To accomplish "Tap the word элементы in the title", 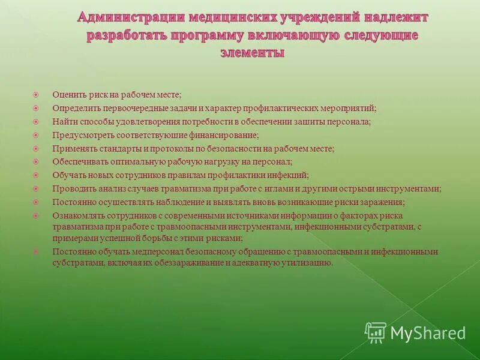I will coord(252,53).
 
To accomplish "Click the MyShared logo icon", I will coord(375,332).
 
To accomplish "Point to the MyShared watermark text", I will coord(428,333).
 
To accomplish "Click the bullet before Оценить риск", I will coord(36,94).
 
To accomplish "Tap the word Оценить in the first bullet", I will coord(68,95).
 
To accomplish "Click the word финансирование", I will coord(223,135).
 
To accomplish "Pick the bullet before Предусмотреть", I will coord(36,135).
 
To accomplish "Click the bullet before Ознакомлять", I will coord(36,215).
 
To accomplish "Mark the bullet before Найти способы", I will coord(36,121).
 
